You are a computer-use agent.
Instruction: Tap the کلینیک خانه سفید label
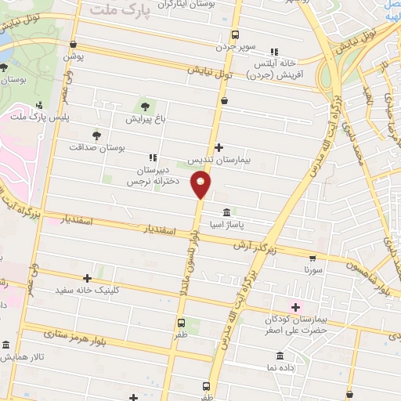[88, 290]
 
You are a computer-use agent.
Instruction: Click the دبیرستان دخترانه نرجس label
[154, 175]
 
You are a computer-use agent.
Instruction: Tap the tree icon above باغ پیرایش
[145, 106]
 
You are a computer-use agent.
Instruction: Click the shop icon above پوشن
[73, 45]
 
